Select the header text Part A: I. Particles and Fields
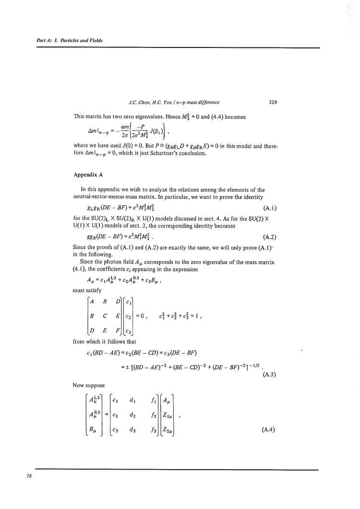coord(70,41)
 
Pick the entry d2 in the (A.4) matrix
coord(132,414)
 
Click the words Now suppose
coord(88,385)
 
